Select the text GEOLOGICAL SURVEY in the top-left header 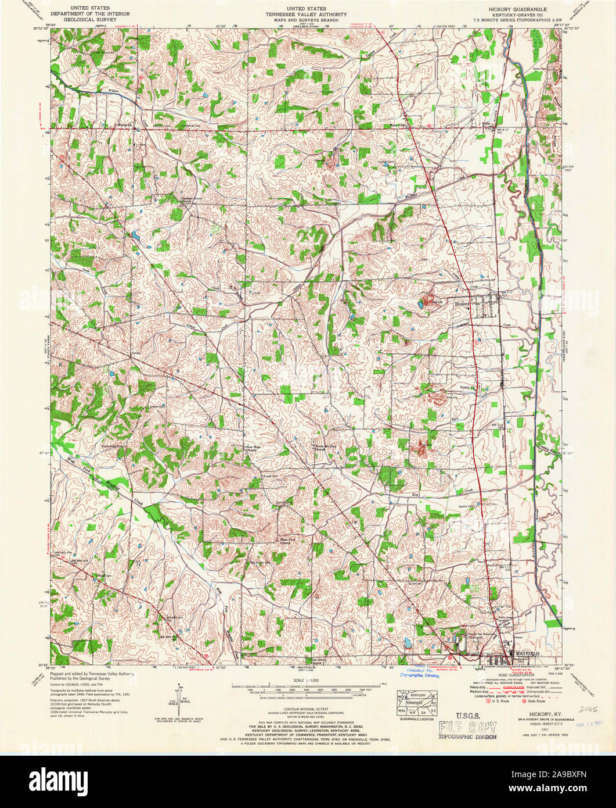click(x=89, y=19)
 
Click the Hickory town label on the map click(x=462, y=303)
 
